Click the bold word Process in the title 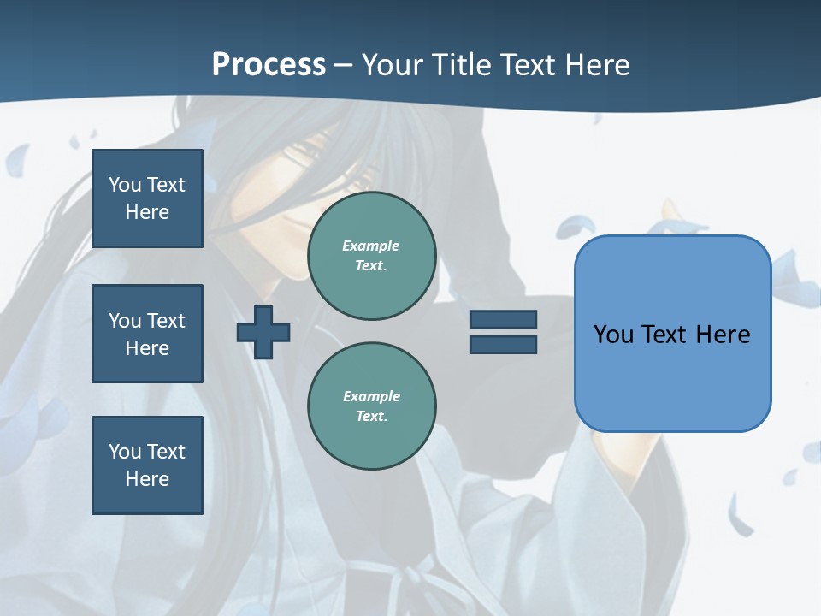click(269, 65)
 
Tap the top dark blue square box click(147, 198)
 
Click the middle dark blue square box click(147, 334)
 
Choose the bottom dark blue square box click(147, 465)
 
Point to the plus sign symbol click(263, 332)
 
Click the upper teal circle click(372, 256)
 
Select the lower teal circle click(372, 406)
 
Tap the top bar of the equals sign click(503, 319)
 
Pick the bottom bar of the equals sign click(503, 345)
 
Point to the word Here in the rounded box click(723, 335)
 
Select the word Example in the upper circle click(371, 246)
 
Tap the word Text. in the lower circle click(371, 417)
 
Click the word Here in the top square click(147, 212)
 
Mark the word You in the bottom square click(125, 452)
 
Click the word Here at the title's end click(599, 65)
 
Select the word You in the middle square click(125, 321)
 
